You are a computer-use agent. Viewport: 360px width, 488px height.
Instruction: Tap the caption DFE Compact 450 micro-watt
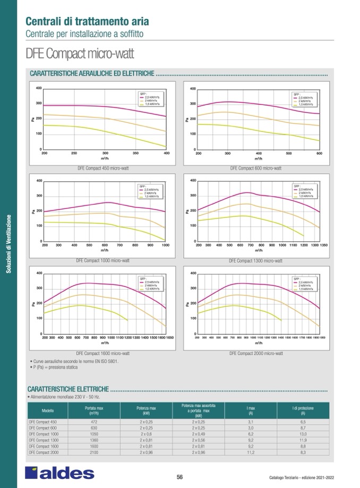(103, 168)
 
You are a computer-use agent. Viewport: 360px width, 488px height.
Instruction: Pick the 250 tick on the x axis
(74, 153)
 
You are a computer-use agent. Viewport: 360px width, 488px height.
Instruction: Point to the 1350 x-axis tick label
(319, 246)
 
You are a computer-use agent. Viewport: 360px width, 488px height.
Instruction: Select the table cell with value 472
(94, 421)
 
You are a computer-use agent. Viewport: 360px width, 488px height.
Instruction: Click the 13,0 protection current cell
(303, 433)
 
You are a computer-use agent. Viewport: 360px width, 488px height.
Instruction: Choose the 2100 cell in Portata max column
(94, 452)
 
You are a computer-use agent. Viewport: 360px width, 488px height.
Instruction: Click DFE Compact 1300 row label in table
(43, 440)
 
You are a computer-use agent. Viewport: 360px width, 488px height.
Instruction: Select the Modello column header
(48, 411)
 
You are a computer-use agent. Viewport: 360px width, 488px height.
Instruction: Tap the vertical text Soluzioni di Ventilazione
(8, 244)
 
